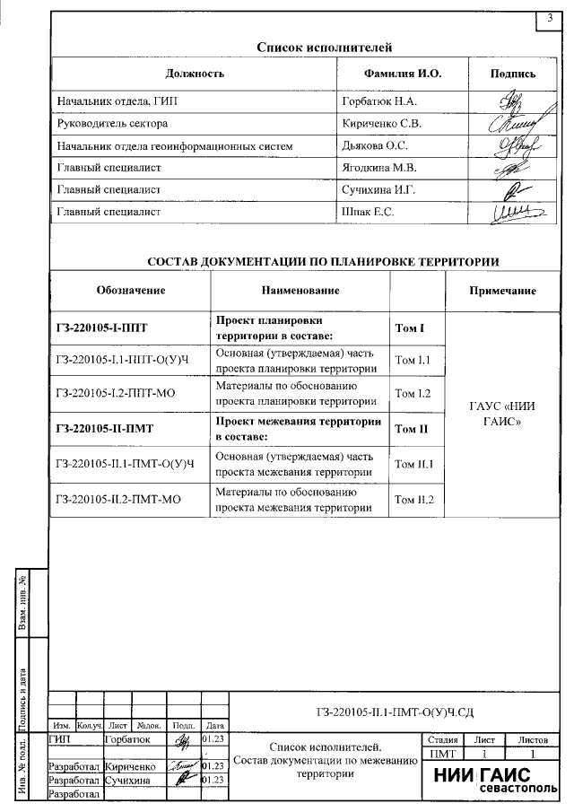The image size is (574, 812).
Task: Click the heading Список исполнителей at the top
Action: [325, 48]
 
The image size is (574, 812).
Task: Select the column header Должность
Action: [195, 74]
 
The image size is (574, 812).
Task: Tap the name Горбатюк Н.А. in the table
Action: [375, 102]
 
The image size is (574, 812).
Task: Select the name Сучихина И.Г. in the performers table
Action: [376, 190]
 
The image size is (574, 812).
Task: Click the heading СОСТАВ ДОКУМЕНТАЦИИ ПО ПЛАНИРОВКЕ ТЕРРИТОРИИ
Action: [323, 261]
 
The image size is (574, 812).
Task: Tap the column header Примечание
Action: [502, 291]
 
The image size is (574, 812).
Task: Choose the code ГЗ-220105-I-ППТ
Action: [100, 328]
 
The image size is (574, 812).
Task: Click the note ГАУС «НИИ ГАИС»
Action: [502, 413]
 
